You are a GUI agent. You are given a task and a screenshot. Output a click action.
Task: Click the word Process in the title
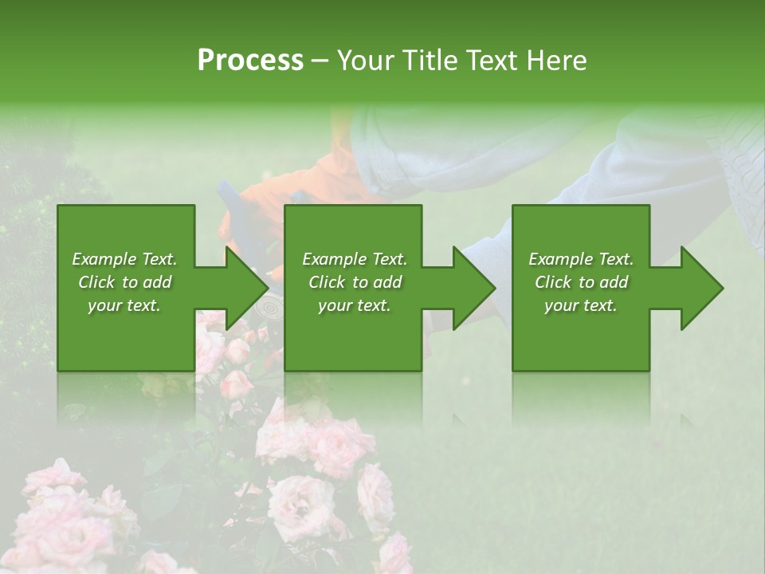[250, 61]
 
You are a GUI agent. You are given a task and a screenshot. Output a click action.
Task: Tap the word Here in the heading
[557, 61]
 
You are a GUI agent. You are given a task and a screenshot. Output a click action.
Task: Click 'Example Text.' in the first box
[124, 259]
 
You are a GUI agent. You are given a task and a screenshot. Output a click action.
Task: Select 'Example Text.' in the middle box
[355, 259]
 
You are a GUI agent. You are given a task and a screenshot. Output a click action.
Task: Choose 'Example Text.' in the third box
[581, 259]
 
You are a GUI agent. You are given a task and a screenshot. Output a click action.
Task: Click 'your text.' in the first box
[124, 305]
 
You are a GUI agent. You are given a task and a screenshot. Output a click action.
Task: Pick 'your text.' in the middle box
[355, 305]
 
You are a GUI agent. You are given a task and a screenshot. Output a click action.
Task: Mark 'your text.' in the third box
[581, 305]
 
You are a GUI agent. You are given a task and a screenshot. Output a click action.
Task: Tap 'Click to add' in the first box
[124, 282]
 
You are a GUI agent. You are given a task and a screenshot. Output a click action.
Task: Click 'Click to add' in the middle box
[355, 282]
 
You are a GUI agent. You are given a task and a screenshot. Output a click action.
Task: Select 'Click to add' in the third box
[581, 282]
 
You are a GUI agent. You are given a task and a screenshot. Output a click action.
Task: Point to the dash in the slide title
[320, 61]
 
